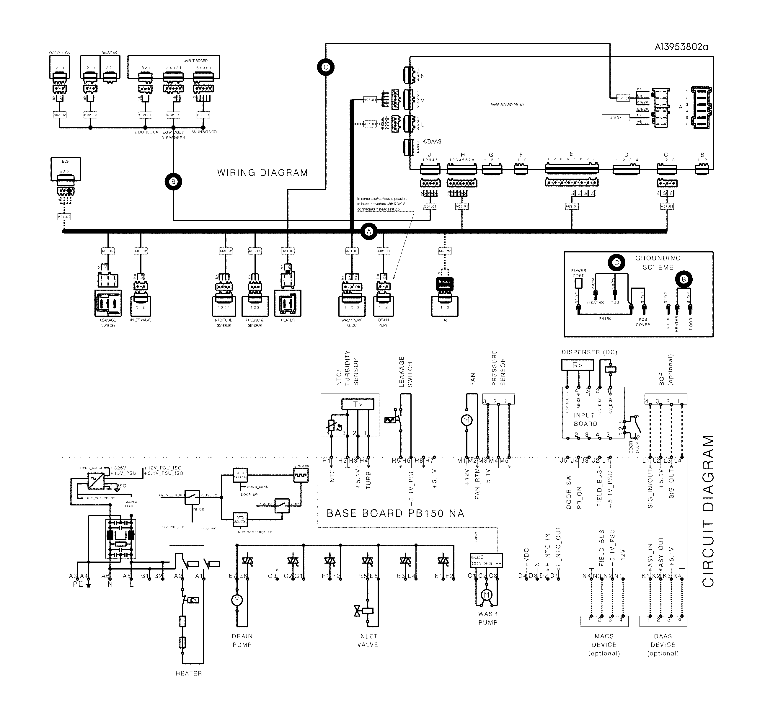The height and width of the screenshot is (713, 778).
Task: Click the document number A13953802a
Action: click(681, 47)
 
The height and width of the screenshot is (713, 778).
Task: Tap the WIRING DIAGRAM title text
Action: click(262, 173)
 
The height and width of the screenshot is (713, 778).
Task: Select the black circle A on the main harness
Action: click(369, 231)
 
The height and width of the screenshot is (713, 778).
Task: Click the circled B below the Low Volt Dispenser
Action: click(173, 182)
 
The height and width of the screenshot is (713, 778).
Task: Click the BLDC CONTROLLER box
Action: click(486, 561)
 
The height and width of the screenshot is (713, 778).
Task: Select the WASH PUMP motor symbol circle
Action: click(486, 595)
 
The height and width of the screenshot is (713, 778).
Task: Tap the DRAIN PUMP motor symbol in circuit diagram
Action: click(236, 600)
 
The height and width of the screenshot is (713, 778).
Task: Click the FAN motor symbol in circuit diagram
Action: click(467, 420)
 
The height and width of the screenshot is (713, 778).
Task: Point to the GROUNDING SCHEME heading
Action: click(658, 263)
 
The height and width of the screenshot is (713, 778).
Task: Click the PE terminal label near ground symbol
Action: click(78, 585)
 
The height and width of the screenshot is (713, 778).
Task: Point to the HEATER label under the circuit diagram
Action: click(189, 673)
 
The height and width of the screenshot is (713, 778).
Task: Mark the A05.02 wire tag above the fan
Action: click(445, 251)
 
